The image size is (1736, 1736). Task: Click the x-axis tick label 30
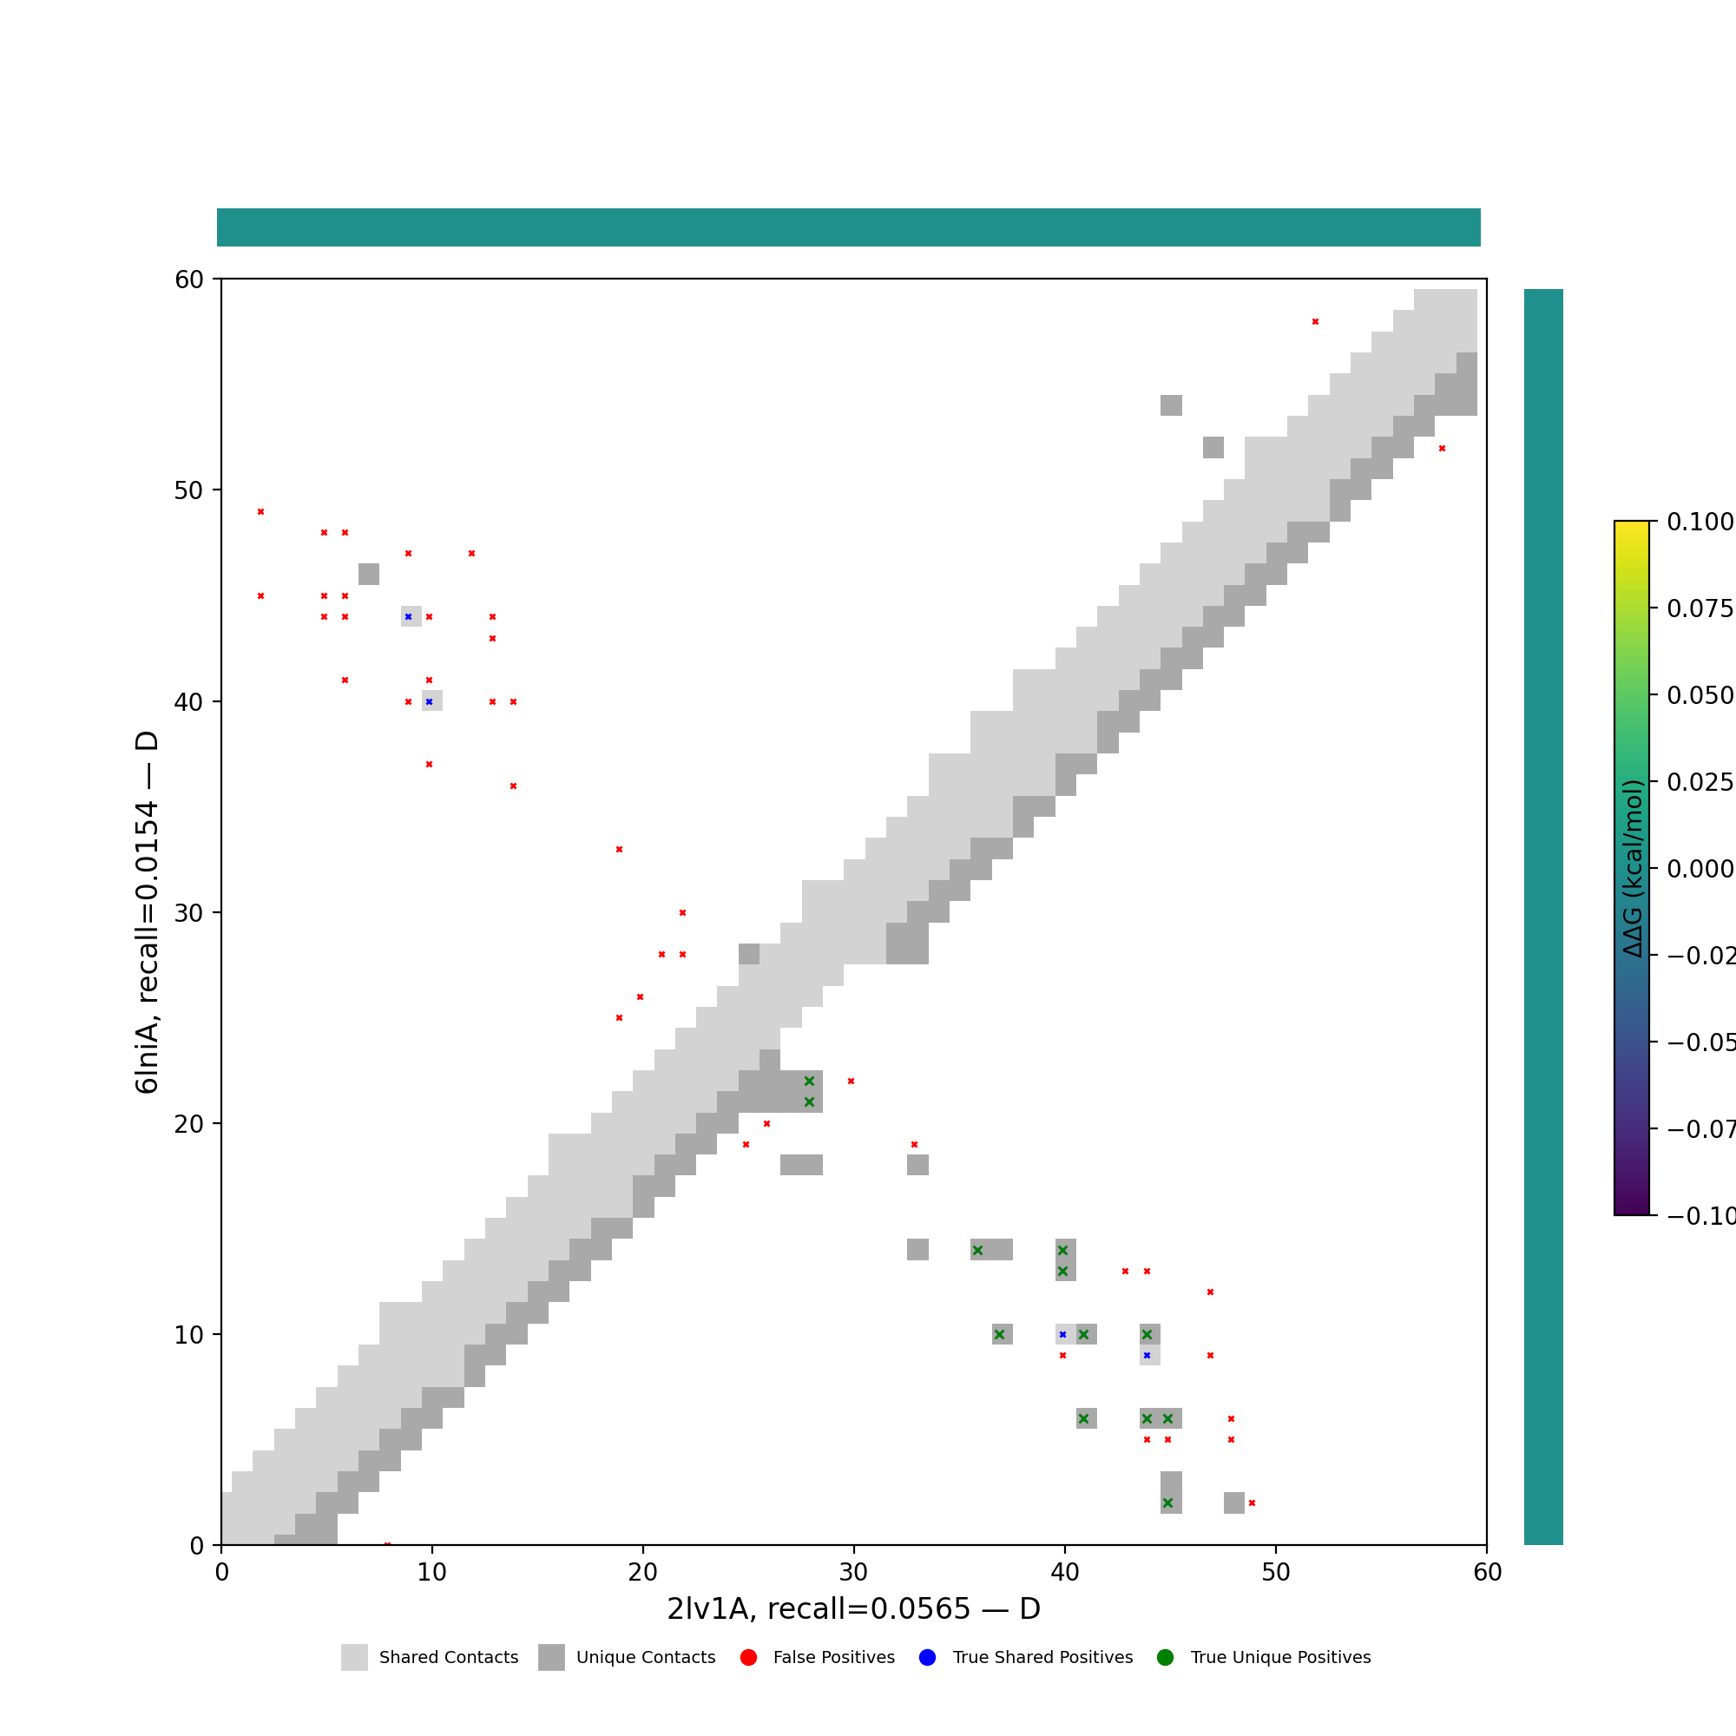853,1573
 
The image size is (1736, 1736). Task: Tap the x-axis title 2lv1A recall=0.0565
853,1609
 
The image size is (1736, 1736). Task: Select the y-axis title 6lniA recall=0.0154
148,912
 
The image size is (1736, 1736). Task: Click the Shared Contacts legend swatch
354,1658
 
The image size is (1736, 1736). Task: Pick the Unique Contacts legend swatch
552,1658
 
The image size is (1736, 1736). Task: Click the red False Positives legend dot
748,1658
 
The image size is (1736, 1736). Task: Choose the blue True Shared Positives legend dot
927,1658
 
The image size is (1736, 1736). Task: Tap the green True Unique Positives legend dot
1166,1658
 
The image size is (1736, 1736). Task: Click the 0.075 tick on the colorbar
1652,608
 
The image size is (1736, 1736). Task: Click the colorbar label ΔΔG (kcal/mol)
1633,868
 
